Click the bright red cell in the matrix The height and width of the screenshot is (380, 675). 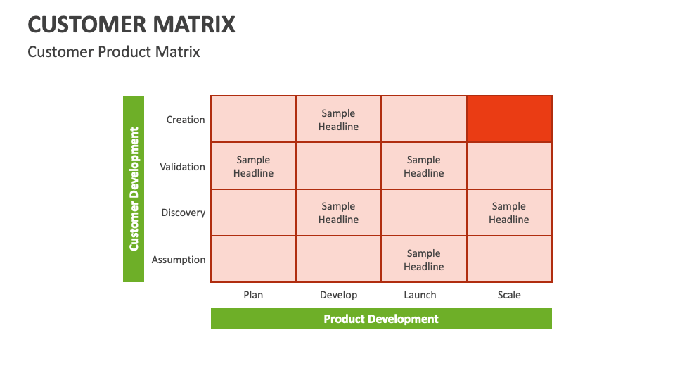point(509,120)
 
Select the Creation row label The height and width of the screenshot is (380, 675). point(186,120)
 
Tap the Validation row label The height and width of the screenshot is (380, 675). point(183,167)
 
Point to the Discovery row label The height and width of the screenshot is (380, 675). point(184,213)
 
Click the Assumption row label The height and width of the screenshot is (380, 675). point(179,260)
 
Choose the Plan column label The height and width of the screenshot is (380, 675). point(253,295)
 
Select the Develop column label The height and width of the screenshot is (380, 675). point(339,296)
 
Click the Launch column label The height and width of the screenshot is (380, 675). point(420,295)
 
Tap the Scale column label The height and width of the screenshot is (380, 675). point(509,295)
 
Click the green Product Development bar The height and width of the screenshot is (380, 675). point(381,318)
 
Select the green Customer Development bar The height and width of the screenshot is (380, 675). point(134,189)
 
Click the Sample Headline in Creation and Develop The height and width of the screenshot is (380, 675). point(338,120)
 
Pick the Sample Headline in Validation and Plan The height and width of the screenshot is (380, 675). point(254,166)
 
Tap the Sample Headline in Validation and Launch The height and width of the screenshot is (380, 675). point(424,166)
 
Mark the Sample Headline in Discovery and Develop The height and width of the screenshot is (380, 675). point(338,213)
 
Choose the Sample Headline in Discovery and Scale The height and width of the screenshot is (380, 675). point(509,213)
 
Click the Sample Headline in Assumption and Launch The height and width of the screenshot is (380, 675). point(424,260)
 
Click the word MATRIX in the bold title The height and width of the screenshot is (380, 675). point(194,25)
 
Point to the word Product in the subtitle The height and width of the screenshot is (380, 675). point(124,52)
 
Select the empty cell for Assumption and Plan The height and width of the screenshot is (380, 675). point(254,260)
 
